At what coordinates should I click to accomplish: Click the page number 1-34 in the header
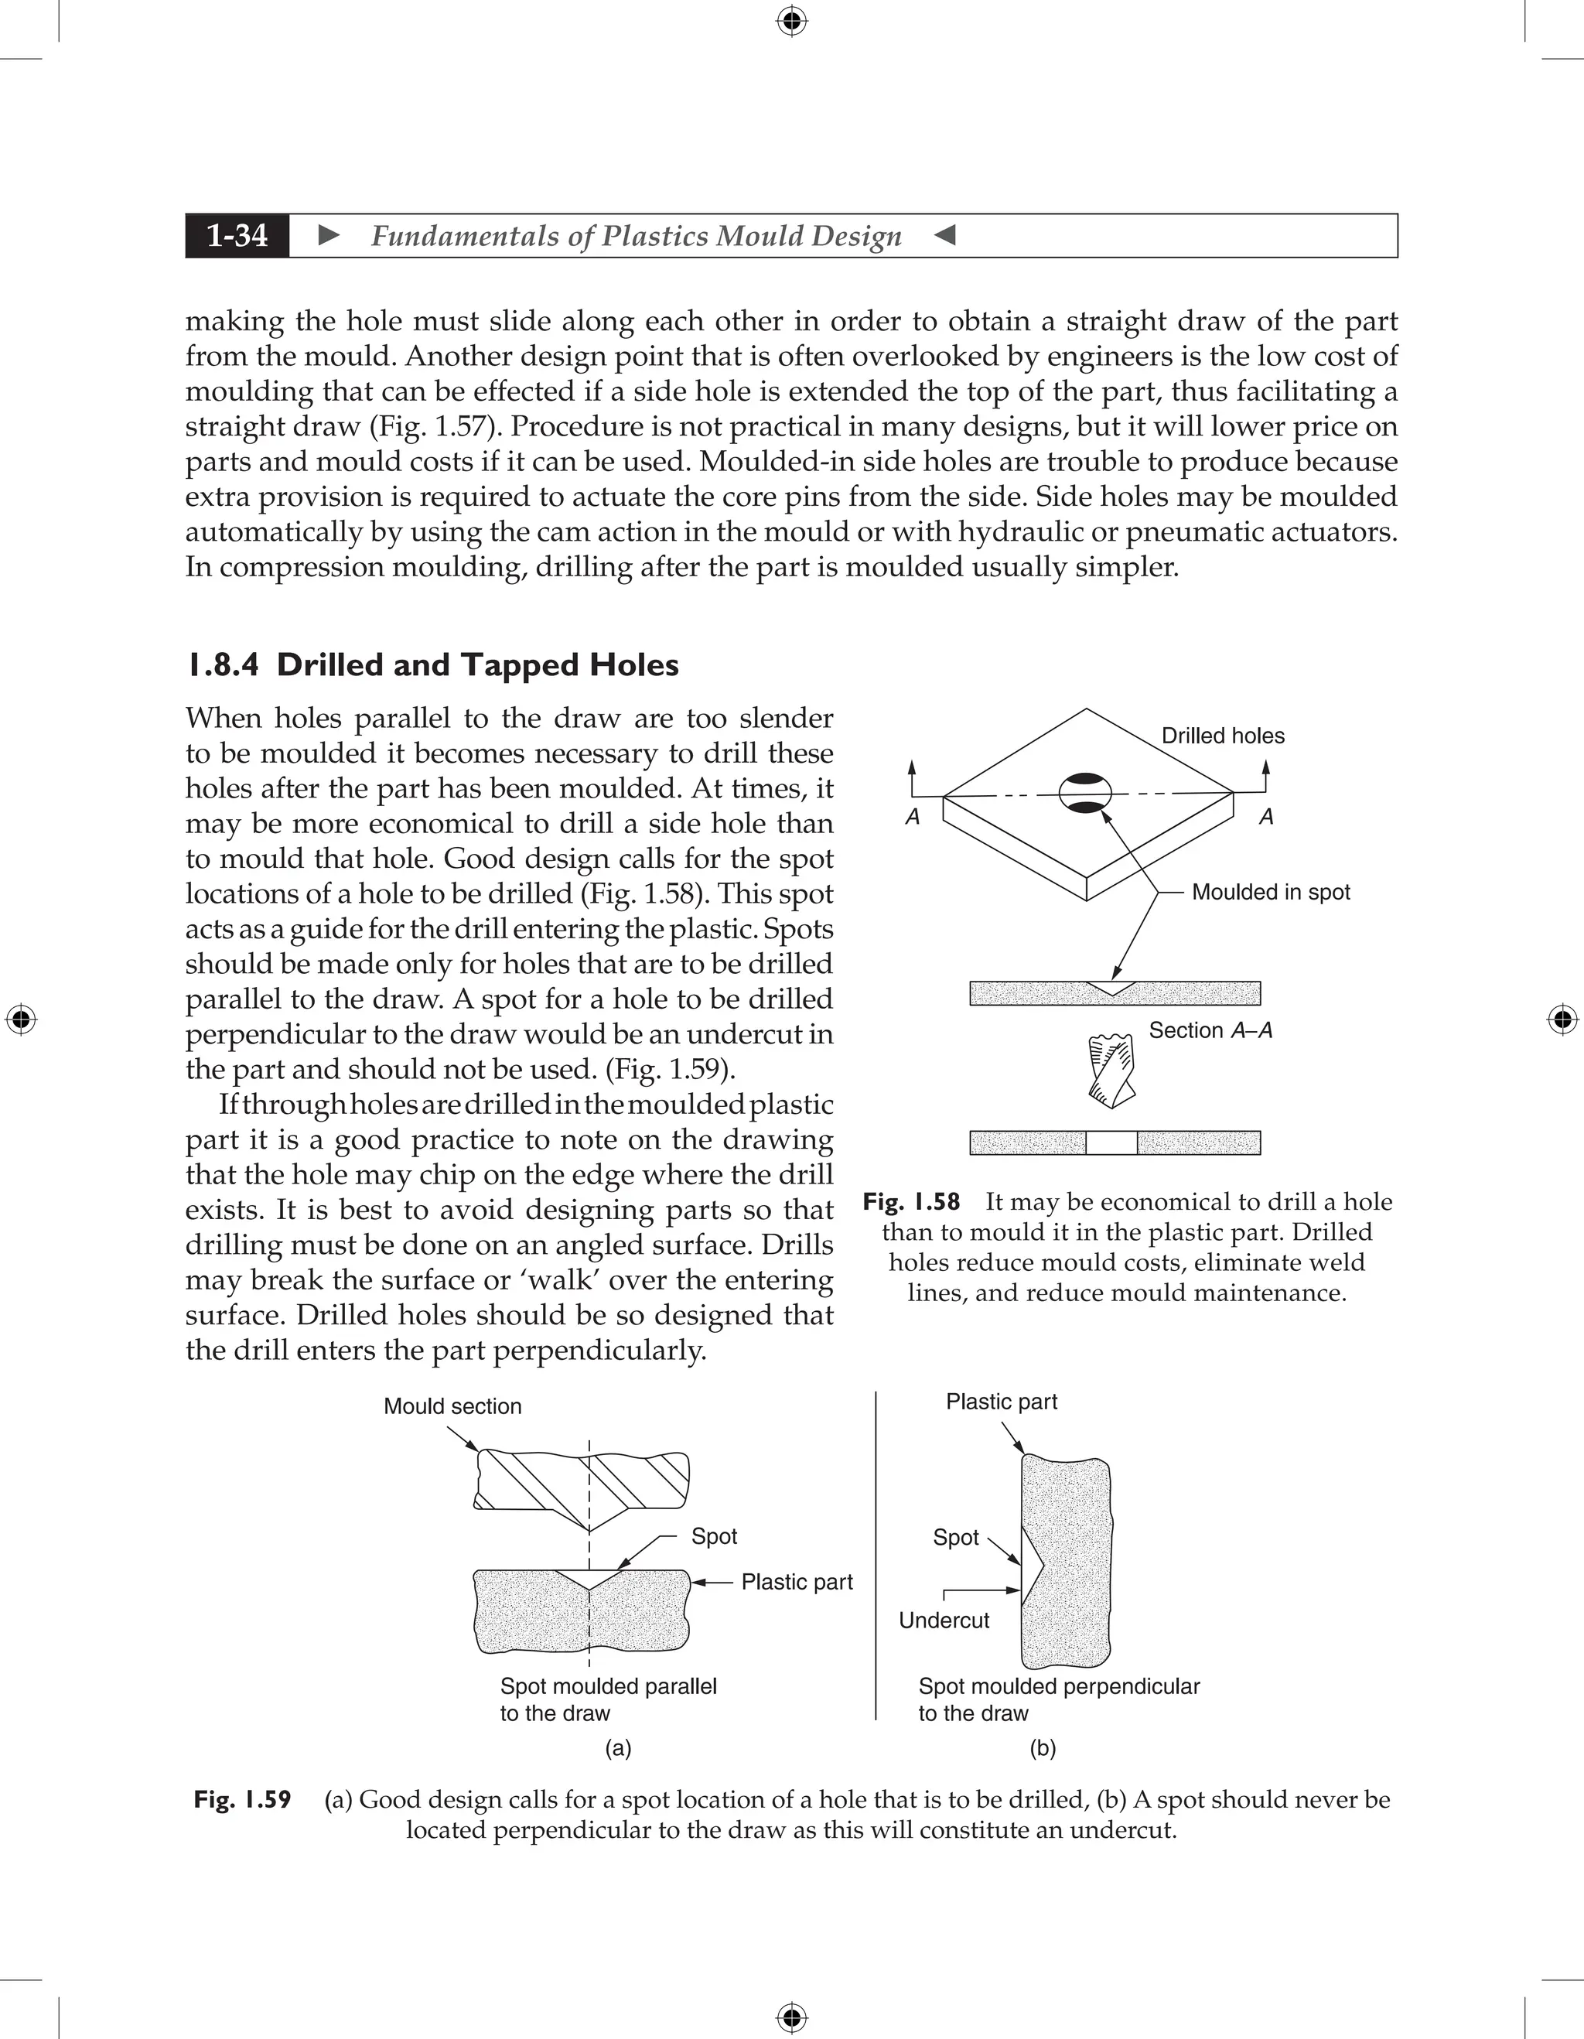point(237,235)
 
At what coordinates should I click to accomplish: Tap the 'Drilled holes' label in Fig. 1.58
point(1222,736)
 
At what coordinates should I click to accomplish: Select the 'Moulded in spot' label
point(1271,892)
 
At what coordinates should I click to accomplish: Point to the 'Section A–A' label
point(1210,1030)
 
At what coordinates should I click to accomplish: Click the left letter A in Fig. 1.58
point(913,817)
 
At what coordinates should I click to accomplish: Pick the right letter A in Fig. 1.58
point(1265,817)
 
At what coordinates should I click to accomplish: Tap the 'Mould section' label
point(452,1406)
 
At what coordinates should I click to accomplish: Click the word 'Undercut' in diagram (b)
point(943,1620)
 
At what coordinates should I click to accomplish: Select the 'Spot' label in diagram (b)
point(955,1537)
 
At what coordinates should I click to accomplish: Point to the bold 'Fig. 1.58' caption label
point(911,1201)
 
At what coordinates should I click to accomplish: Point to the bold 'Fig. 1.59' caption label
point(242,1799)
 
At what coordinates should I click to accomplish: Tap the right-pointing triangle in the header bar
point(329,235)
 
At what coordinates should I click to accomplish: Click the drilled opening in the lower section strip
point(1111,1142)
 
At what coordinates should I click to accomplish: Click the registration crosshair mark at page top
point(791,21)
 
